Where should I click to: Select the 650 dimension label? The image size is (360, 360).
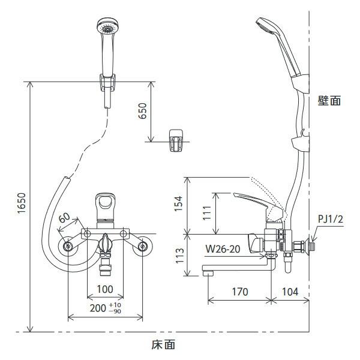(x=142, y=111)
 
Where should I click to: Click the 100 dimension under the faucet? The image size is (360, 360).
(x=105, y=289)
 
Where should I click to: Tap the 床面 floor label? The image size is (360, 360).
(x=163, y=344)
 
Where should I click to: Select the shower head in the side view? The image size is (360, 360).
(x=266, y=26)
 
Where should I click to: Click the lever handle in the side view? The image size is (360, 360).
(x=252, y=200)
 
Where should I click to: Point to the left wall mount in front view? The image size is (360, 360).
(x=67, y=245)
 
